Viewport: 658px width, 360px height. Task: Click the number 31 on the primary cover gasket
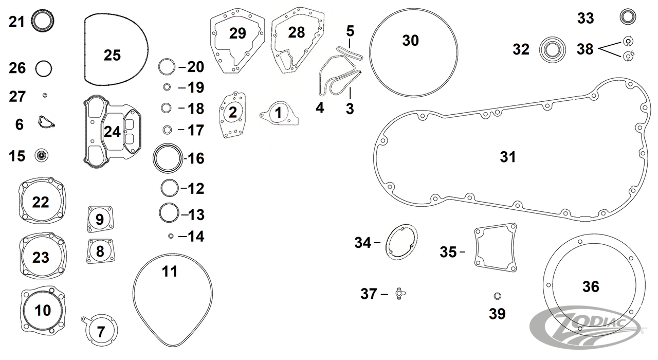[x=508, y=157]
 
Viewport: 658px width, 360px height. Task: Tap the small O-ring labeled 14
[x=171, y=236]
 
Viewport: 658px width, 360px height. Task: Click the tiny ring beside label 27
[x=45, y=95]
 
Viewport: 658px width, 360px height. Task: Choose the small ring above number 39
[x=497, y=296]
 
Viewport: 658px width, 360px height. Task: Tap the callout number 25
[x=112, y=55]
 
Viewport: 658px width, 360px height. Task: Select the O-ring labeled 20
[x=167, y=67]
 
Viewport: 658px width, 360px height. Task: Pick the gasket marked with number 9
[x=100, y=220]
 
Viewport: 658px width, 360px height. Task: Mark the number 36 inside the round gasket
[x=590, y=286]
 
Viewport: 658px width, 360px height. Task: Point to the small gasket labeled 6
[x=46, y=122]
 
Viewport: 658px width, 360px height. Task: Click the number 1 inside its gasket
[x=278, y=113]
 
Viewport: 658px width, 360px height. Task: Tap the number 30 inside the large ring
[x=410, y=41]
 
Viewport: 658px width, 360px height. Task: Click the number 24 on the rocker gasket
[x=112, y=132]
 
